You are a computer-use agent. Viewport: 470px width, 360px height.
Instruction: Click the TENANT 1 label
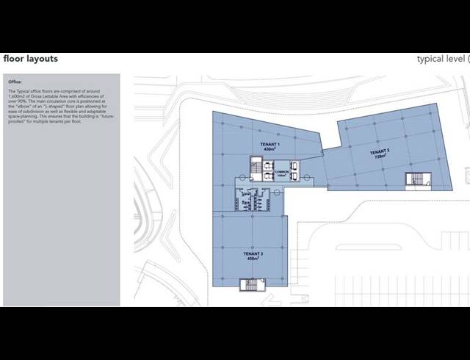coord(269,144)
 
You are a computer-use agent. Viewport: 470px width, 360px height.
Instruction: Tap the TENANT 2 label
coord(380,151)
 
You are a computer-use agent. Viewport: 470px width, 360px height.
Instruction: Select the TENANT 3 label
coord(253,253)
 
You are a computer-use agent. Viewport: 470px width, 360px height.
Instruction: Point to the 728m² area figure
coord(380,156)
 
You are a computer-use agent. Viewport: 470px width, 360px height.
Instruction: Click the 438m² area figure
coord(269,149)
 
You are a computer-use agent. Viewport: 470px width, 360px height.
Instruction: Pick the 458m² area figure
coord(253,258)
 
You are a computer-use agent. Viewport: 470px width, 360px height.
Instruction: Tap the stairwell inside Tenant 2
coord(414,178)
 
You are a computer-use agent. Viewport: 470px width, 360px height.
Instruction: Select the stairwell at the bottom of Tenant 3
coord(250,284)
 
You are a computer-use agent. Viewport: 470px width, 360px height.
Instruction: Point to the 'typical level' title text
coord(440,59)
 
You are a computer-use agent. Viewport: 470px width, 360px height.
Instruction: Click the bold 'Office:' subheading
coord(15,82)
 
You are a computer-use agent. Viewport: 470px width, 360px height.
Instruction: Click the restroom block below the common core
coord(250,197)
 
